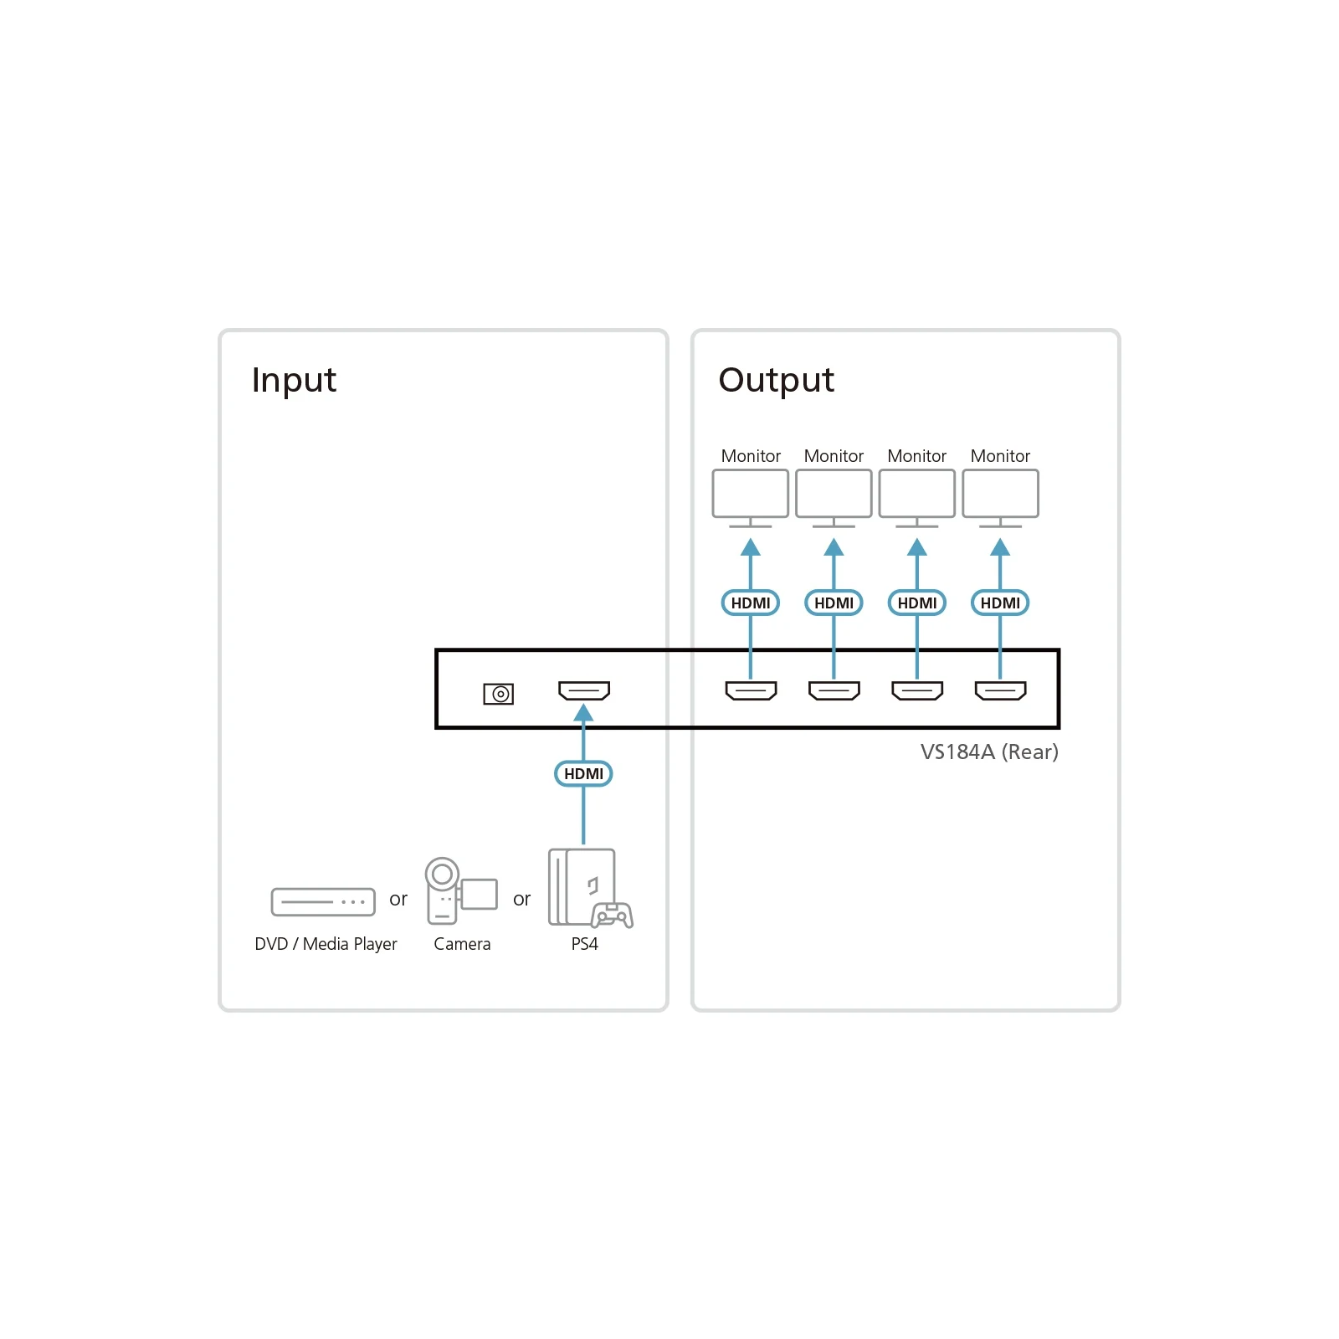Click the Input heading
(294, 380)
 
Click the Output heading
(776, 380)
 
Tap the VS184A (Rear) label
(989, 752)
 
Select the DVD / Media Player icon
(323, 902)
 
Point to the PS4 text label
(584, 944)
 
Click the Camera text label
(462, 944)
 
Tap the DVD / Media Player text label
(326, 944)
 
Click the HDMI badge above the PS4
(583, 773)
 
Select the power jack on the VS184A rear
(499, 694)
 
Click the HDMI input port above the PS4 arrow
(584, 690)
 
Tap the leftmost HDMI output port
(751, 690)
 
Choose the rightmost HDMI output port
(1000, 690)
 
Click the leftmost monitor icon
(751, 499)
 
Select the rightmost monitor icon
(1000, 499)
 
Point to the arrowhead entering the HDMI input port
(583, 713)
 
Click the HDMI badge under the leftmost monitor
(751, 603)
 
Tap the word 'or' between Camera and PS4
(521, 900)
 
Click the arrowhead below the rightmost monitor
(1000, 547)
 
